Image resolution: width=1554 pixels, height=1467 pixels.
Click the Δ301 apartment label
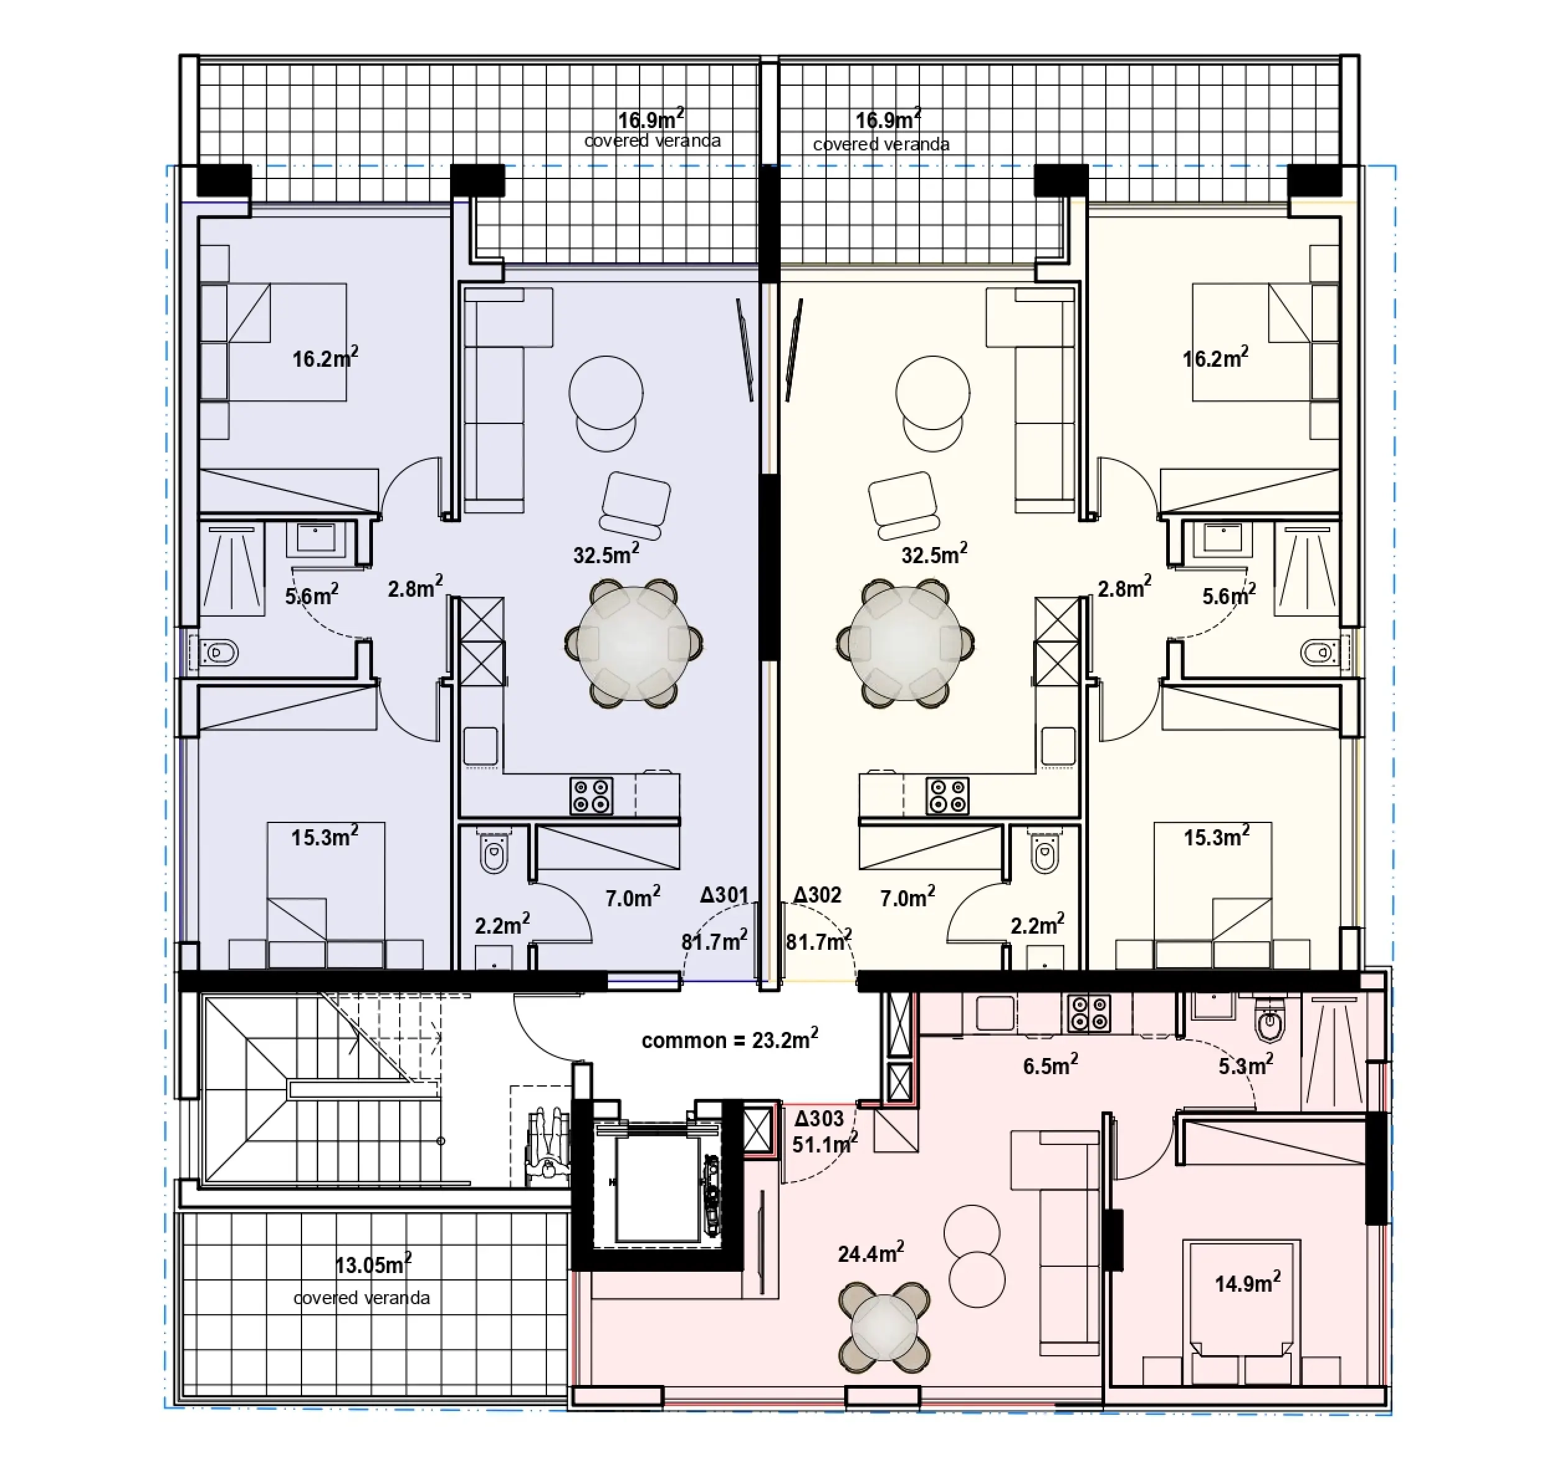[724, 894]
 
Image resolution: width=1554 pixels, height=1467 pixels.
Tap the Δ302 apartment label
[817, 894]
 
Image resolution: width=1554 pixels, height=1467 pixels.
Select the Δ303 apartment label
[820, 1118]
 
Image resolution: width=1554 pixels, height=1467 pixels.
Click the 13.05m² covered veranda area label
[373, 1264]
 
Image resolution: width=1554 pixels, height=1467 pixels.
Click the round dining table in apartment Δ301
[633, 643]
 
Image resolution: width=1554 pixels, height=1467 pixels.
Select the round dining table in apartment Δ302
[905, 643]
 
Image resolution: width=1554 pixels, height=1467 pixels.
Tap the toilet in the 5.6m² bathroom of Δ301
[218, 651]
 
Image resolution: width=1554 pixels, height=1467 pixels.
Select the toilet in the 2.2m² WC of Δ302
[1045, 854]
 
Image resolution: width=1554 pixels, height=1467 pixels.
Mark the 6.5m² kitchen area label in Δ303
[1051, 1065]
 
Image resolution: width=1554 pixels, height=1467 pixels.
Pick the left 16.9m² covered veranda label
[651, 119]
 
